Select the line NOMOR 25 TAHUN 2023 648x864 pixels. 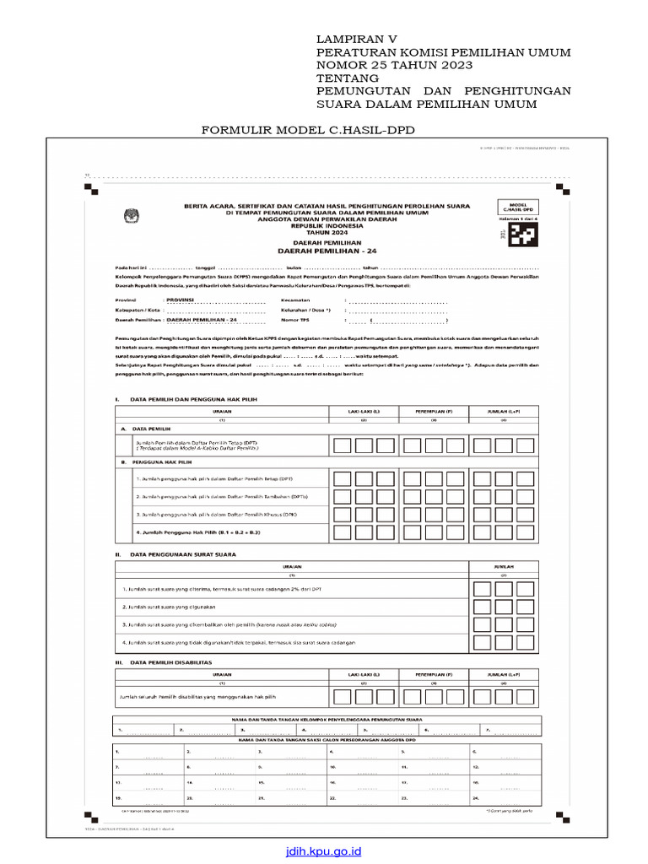click(x=394, y=66)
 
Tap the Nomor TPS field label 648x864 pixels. click(x=303, y=321)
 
